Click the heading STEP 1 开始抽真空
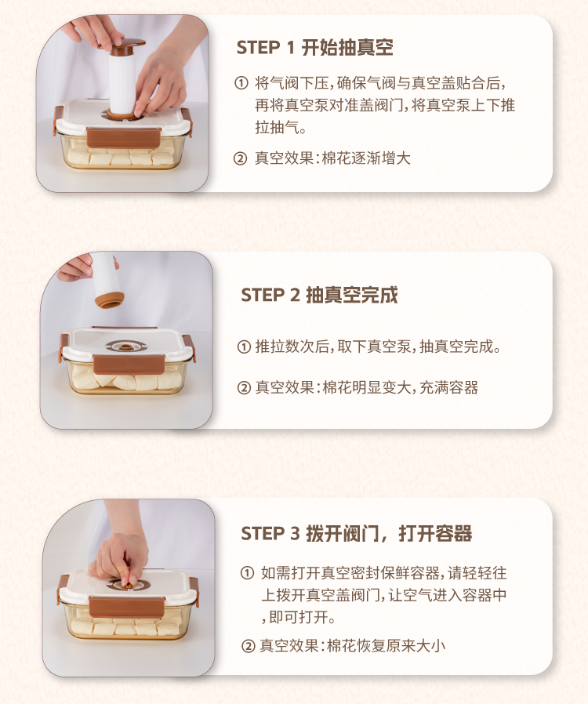(x=314, y=47)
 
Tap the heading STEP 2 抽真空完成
(x=319, y=295)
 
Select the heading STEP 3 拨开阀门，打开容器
(x=357, y=533)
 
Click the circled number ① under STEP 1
(x=241, y=83)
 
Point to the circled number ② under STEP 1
(x=241, y=158)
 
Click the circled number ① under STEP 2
(x=244, y=347)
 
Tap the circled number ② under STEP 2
(x=244, y=387)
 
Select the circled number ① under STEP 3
(x=247, y=573)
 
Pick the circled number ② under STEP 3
(x=249, y=646)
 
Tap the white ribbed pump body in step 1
(x=122, y=82)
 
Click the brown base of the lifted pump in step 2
(x=109, y=300)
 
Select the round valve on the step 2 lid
(x=125, y=347)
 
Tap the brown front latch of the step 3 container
(x=126, y=607)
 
